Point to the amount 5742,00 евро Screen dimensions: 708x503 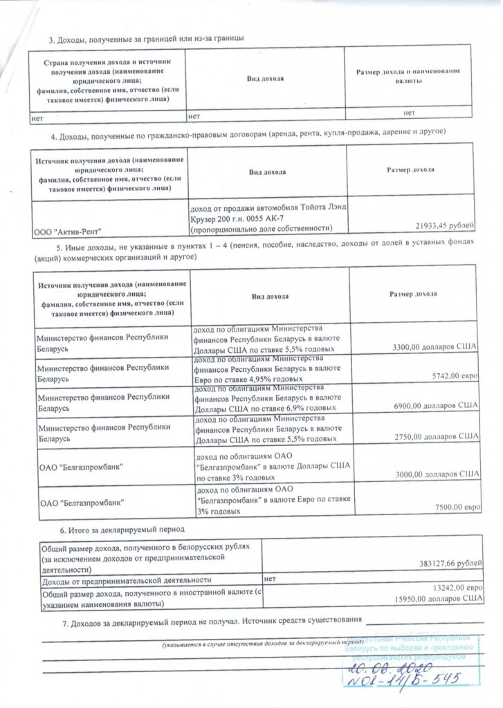[x=455, y=378]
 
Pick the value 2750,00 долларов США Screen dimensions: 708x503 [x=435, y=438]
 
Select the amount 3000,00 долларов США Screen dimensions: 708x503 [x=435, y=474]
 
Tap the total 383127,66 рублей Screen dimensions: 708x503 [x=443, y=563]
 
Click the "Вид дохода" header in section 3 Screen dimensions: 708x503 [x=266, y=78]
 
